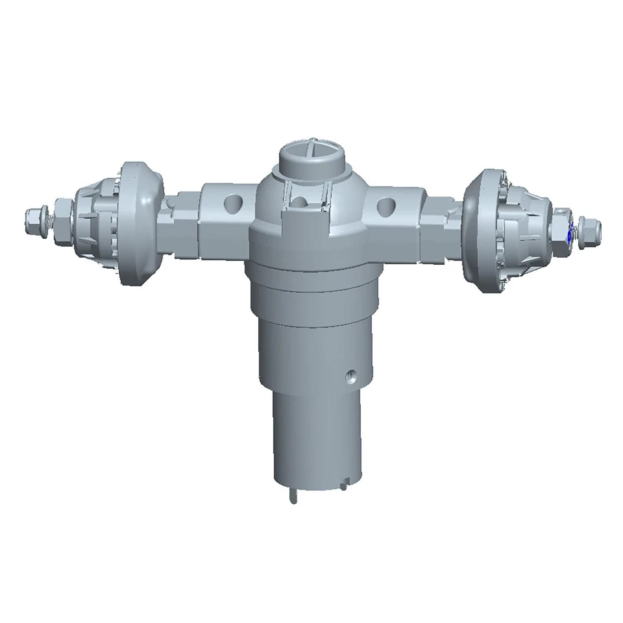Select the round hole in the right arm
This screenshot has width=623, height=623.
(x=385, y=206)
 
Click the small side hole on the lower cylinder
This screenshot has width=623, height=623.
(x=351, y=375)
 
